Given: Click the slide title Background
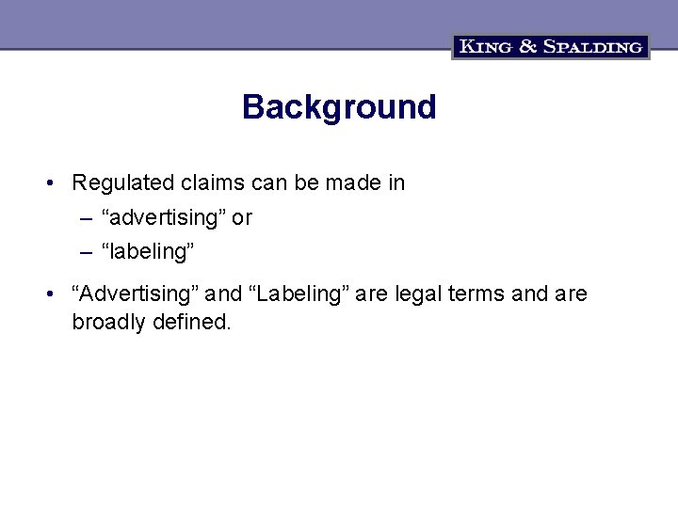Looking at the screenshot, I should pos(339,107).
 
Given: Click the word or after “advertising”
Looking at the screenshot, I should pos(242,218).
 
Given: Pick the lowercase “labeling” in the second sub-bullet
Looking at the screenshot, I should pos(149,253).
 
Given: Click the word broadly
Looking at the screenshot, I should pos(106,322).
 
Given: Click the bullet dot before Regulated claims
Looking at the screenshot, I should pos(49,183).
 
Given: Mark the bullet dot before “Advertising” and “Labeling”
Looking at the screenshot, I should pos(49,294).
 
